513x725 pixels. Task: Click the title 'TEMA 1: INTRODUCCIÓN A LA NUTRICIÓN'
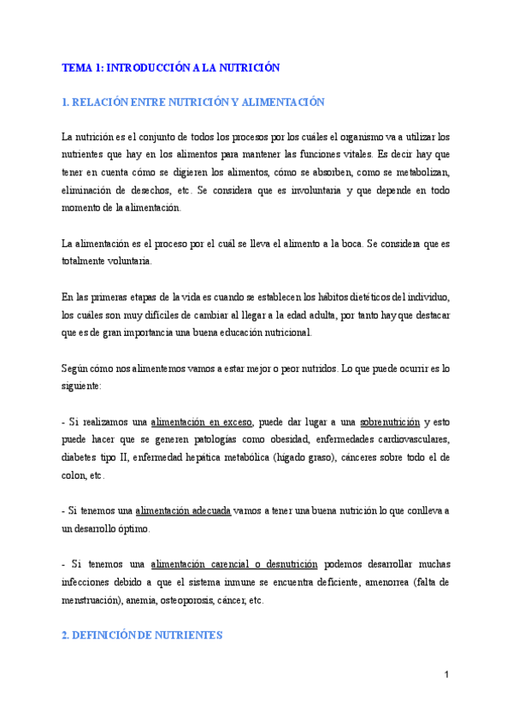coord(171,67)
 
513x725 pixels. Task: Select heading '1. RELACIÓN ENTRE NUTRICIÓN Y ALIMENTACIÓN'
coord(193,102)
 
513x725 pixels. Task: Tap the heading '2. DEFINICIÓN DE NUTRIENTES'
coord(143,635)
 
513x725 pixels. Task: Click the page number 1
coord(446,675)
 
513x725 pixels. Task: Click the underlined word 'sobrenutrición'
coord(390,422)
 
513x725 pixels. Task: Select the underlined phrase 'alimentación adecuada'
coord(183,510)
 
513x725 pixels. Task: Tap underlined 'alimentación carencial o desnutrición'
coord(234,564)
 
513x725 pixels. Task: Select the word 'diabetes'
coord(80,458)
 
